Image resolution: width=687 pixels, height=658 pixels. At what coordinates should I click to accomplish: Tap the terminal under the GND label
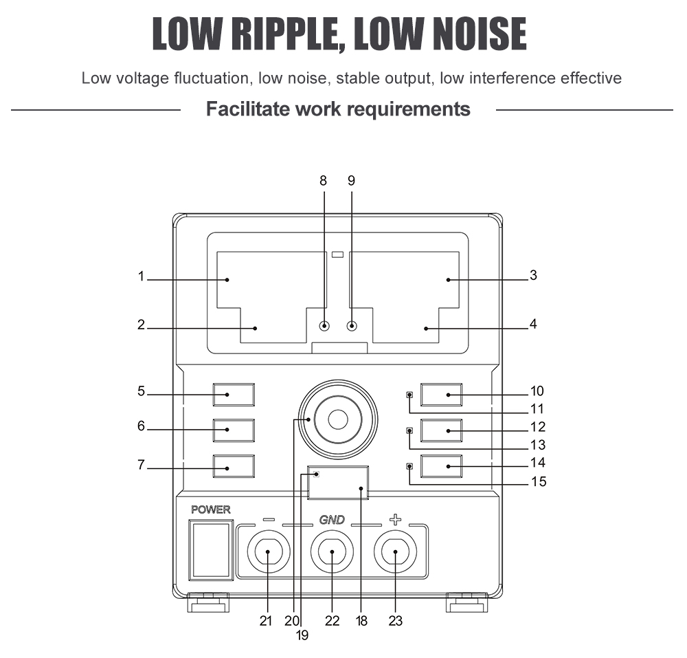[x=332, y=553]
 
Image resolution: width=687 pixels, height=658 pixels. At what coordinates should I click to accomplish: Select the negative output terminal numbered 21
[x=268, y=553]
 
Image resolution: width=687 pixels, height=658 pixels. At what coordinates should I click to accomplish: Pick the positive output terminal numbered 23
[x=396, y=553]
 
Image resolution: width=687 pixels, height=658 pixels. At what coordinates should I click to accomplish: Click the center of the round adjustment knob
[x=337, y=419]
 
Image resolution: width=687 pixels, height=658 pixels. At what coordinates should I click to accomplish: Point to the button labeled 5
[x=234, y=395]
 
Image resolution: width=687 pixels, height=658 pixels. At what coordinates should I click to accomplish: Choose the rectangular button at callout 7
[x=234, y=466]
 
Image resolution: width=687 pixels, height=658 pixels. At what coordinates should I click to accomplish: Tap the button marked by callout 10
[x=441, y=395]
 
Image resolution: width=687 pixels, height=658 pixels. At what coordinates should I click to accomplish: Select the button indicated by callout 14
[x=441, y=466]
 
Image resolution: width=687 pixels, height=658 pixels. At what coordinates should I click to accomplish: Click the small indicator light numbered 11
[x=410, y=395]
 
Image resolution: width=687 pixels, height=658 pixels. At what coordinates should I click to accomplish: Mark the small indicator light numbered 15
[x=410, y=467]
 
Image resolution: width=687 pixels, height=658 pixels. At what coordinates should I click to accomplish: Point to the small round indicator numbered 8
[x=324, y=327]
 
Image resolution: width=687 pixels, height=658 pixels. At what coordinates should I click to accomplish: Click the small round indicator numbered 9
[x=352, y=327]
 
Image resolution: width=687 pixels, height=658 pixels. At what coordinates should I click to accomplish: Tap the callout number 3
[x=533, y=276]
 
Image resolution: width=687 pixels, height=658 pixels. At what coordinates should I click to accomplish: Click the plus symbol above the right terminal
[x=395, y=520]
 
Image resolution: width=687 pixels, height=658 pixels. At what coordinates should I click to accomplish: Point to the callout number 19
[x=302, y=636]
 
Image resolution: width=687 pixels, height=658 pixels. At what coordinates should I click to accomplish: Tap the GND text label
[x=332, y=520]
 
